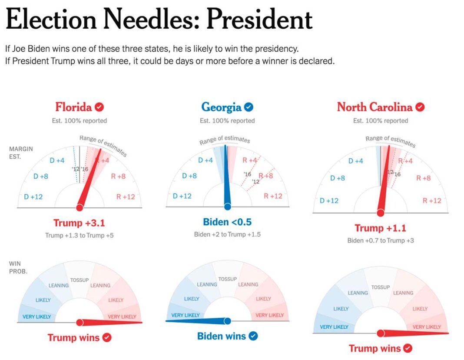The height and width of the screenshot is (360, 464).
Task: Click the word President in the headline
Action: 259,19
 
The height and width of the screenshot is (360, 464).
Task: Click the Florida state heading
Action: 73,107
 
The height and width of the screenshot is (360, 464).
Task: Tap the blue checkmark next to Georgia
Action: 249,107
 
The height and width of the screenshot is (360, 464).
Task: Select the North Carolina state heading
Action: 375,107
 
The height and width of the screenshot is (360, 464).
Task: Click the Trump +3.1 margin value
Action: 79,223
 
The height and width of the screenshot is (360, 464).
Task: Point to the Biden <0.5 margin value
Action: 227,222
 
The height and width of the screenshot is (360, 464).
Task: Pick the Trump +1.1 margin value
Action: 381,228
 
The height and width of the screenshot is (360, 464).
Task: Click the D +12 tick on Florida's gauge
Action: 33,197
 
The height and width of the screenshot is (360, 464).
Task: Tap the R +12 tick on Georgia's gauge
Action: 273,196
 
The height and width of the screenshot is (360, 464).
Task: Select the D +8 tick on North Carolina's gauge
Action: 338,178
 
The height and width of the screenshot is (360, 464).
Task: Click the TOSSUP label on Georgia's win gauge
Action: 227,279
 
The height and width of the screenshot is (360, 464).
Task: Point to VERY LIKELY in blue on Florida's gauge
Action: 36,317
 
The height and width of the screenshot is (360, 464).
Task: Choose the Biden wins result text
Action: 222,336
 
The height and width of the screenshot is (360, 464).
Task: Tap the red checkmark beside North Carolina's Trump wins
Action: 408,348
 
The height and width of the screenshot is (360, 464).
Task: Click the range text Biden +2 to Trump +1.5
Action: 227,234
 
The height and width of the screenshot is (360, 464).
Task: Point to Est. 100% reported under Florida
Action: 80,120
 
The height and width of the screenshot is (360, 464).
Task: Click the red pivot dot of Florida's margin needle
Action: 79,207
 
